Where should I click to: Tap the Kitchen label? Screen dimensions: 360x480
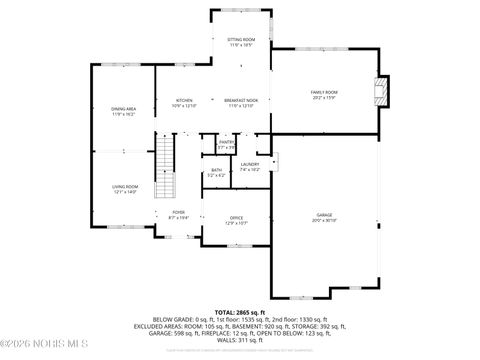[x=185, y=100]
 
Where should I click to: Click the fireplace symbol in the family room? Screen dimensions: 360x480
[x=378, y=93]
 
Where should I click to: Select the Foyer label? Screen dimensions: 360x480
[x=179, y=212]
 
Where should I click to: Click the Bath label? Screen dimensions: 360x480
[x=216, y=170]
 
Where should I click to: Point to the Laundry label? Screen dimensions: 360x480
[x=250, y=164]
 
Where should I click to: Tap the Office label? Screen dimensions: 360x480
[x=237, y=218]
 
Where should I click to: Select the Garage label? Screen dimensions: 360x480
[x=324, y=214]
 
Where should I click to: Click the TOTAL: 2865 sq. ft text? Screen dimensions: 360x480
[x=240, y=312]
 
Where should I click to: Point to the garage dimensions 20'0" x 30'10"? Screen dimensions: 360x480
[x=324, y=220]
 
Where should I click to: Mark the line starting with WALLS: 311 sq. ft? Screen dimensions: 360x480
[x=240, y=340]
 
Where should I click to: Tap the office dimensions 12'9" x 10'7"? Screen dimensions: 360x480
[x=237, y=224]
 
